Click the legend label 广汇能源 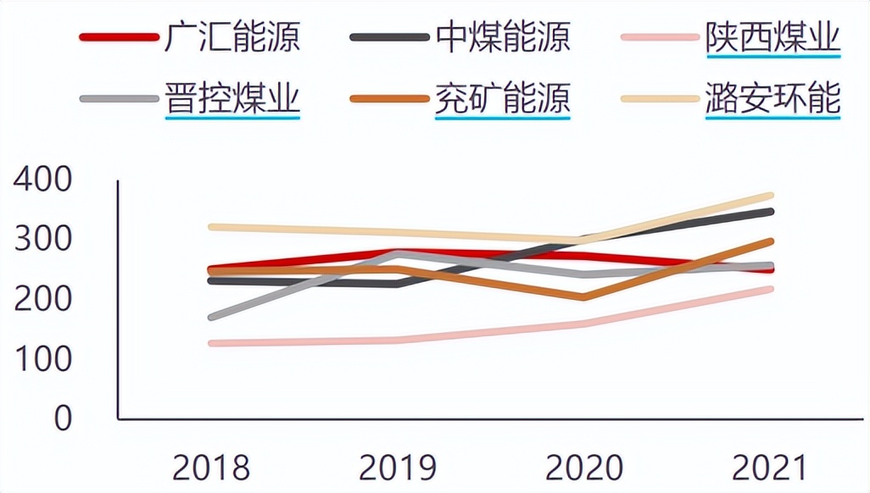click(232, 37)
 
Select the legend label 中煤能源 click(503, 37)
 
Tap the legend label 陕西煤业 click(772, 37)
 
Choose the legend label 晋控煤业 click(232, 98)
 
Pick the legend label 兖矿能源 click(503, 98)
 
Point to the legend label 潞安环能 click(772, 98)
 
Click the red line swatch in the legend click(119, 37)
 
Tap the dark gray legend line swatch click(389, 37)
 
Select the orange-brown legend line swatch click(389, 98)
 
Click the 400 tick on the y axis click(43, 180)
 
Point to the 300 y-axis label click(43, 240)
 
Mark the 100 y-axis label click(43, 359)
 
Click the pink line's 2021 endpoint click(770, 289)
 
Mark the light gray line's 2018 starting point click(211, 318)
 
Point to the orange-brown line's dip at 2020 click(583, 297)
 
